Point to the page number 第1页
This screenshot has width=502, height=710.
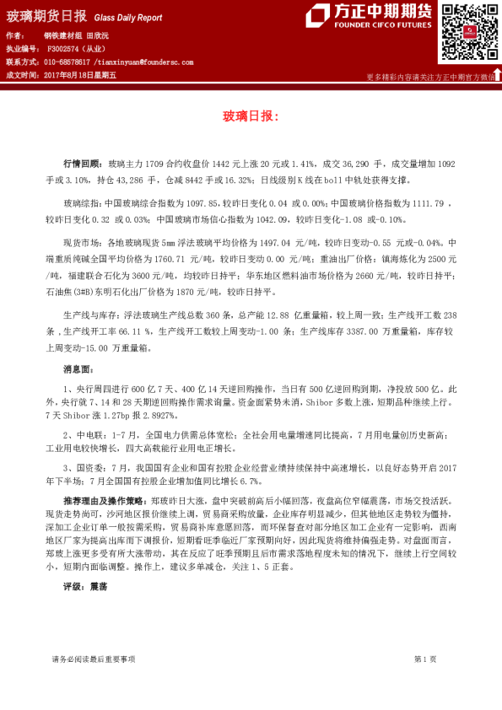(424, 658)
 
